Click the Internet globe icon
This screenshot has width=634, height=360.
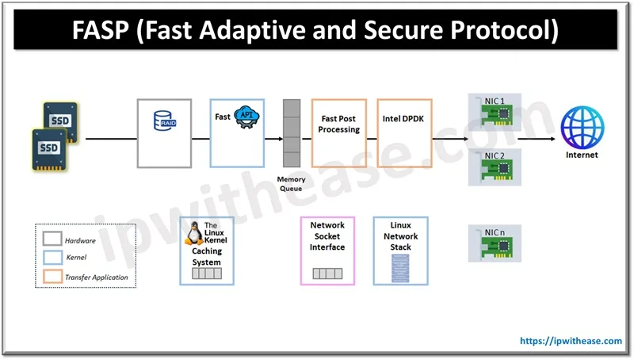(x=582, y=128)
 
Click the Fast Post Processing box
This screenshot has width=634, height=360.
(x=340, y=124)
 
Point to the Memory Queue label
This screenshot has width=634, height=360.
(x=291, y=184)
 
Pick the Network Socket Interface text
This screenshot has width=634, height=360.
(x=327, y=236)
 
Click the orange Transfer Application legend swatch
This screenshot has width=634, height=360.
(x=52, y=277)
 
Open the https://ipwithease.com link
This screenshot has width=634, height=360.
(x=571, y=341)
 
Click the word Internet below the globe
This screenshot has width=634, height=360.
(x=582, y=155)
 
